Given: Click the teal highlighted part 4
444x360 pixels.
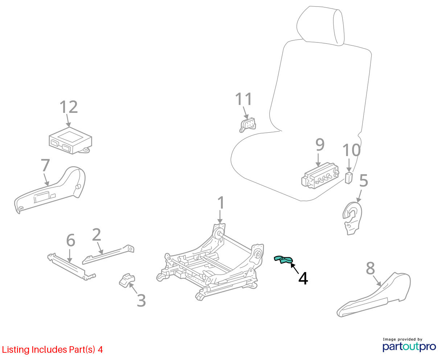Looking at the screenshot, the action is pyautogui.click(x=283, y=259).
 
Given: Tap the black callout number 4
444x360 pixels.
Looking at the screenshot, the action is pyautogui.click(x=303, y=278).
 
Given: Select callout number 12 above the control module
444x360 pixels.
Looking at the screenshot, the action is pyautogui.click(x=69, y=107).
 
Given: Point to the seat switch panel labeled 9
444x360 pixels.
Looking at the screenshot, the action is pyautogui.click(x=320, y=176).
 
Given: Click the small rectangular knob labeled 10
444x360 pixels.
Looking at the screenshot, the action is pyautogui.click(x=349, y=178).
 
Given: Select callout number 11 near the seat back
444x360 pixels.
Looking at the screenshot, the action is pyautogui.click(x=243, y=99).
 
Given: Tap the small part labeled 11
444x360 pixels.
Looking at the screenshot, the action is pyautogui.click(x=247, y=125).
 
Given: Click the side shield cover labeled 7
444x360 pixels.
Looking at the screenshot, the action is pyautogui.click(x=50, y=190).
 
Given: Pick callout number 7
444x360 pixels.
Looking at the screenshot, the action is pyautogui.click(x=45, y=165).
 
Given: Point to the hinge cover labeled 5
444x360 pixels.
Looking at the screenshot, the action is pyautogui.click(x=352, y=218).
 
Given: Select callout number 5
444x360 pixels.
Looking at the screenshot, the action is pyautogui.click(x=363, y=180).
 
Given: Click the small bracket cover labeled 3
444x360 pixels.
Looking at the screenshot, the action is pyautogui.click(x=127, y=281).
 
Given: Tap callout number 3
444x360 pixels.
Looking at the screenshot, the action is pyautogui.click(x=141, y=300).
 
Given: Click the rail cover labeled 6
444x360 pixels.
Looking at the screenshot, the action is pyautogui.click(x=71, y=267).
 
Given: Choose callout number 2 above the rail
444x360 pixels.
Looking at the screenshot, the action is pyautogui.click(x=96, y=234).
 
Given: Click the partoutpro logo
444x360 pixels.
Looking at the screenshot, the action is pyautogui.click(x=409, y=347).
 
